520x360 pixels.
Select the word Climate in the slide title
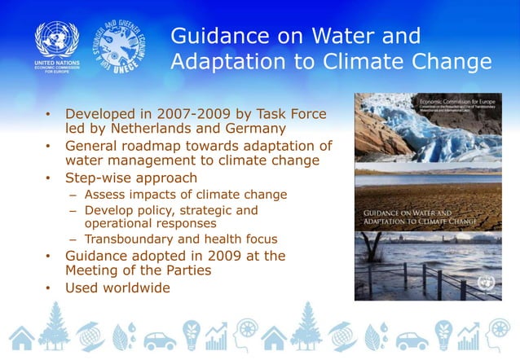(x=378, y=62)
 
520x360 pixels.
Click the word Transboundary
(x=133, y=239)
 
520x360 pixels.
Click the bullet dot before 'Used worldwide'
(x=48, y=288)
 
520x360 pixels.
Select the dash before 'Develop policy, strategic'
(x=73, y=210)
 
